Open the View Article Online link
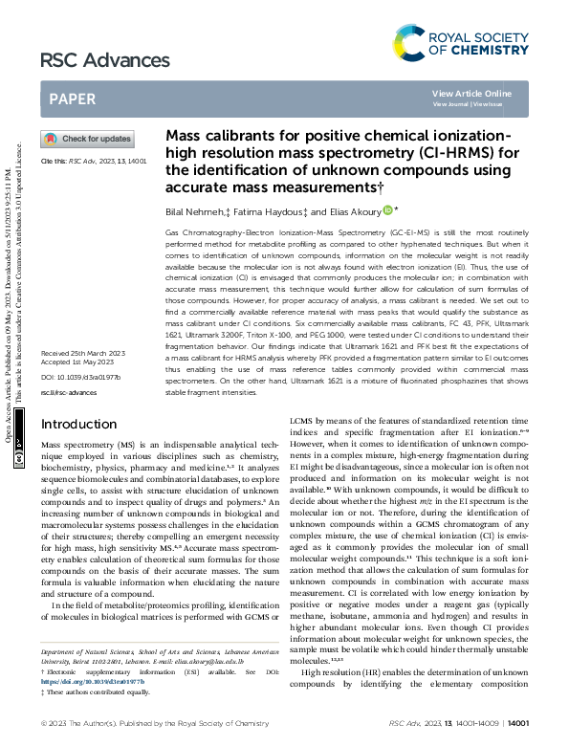tap(471, 93)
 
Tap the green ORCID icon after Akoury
tap(387, 209)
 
